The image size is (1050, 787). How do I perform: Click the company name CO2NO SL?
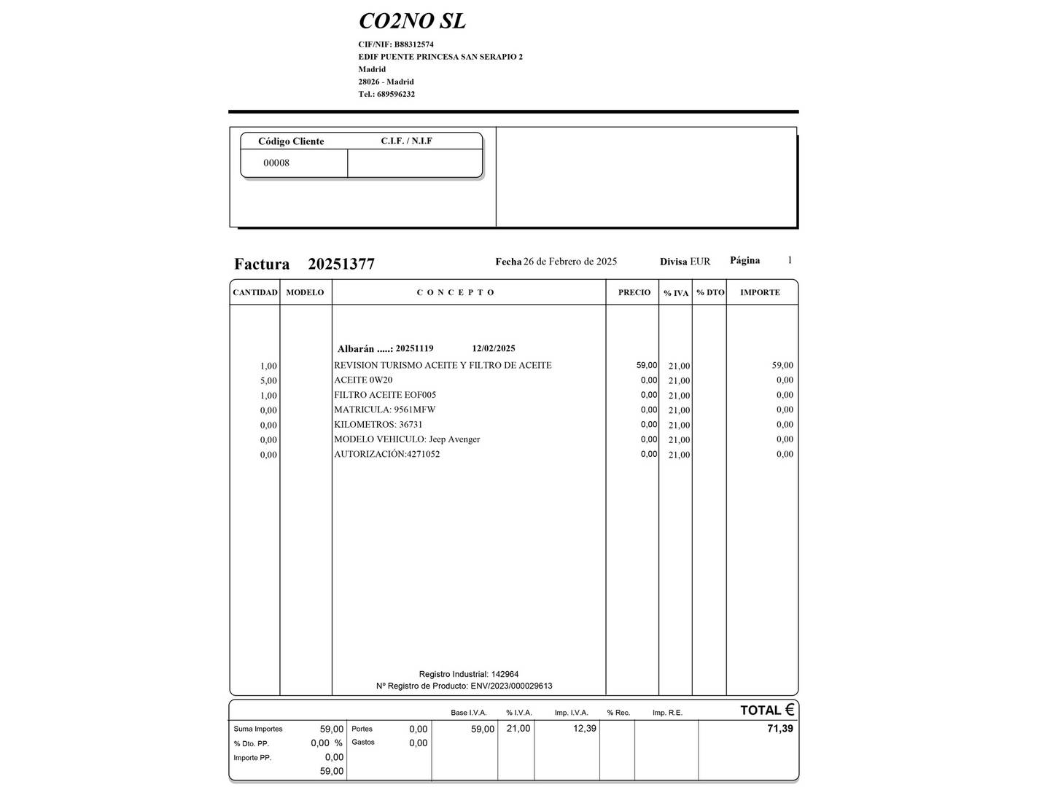point(412,21)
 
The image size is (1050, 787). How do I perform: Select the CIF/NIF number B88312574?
point(414,44)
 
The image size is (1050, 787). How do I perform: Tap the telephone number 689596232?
point(396,94)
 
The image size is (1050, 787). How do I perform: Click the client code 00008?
point(276,163)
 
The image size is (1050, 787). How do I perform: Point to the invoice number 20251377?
point(341,264)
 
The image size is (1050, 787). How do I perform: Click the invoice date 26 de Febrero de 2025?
point(570,262)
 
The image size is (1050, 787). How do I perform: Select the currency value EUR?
point(700,262)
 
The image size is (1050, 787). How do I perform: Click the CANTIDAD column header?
point(255,292)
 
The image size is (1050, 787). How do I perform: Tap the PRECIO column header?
point(634,292)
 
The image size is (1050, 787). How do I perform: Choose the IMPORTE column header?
point(760,292)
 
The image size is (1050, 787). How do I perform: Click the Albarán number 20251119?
point(414,348)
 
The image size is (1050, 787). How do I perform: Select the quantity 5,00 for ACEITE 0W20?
point(268,380)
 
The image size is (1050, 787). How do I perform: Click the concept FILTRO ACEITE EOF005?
point(385,395)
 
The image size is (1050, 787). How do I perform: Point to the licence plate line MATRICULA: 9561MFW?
point(384,410)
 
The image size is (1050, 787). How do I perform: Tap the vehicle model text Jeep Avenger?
point(454,439)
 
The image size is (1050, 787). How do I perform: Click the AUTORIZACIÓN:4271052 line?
point(386,454)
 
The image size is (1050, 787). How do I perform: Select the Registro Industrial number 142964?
point(505,674)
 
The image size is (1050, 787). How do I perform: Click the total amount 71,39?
point(779,728)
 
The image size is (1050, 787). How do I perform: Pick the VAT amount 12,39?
point(585,728)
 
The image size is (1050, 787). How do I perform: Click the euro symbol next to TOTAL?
point(789,709)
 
